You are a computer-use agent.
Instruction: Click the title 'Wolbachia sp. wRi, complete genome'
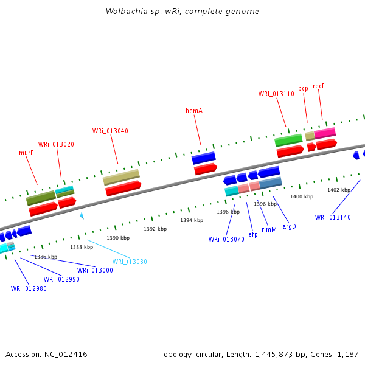coord(182,11)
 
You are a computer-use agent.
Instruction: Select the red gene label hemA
coord(193,111)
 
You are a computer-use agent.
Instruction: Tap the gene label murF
coord(26,153)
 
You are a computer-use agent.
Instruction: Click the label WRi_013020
coord(56,144)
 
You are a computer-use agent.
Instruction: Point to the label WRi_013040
coord(110,131)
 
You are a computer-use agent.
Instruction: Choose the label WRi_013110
coord(276,94)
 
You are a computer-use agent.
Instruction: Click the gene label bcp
coord(303,88)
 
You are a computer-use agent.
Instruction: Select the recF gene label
coord(319,86)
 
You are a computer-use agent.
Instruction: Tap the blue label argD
coord(289,226)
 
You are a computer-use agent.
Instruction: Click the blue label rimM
coord(269,229)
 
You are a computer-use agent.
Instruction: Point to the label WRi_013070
coord(226,239)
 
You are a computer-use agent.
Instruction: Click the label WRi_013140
coord(333,217)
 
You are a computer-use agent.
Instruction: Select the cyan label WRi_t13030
coord(130,262)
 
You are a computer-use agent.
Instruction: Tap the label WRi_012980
coord(29,288)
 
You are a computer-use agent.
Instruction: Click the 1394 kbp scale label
coord(191,220)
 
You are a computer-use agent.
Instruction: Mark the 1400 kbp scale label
coord(302,196)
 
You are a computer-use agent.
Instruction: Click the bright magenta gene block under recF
coord(325,133)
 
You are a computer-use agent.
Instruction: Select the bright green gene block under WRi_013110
coord(288,140)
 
